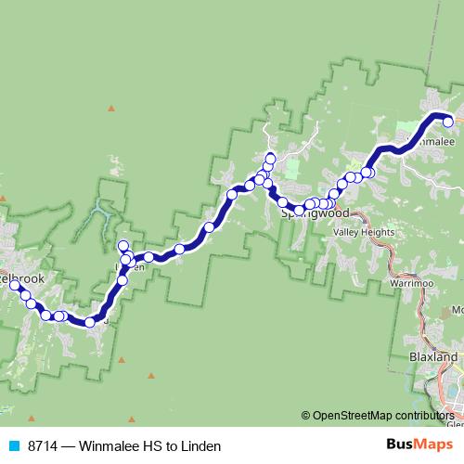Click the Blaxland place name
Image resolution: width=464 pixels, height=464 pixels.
(432, 355)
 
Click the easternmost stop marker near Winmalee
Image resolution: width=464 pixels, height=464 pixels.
(447, 121)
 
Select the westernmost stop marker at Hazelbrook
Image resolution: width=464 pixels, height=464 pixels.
(15, 286)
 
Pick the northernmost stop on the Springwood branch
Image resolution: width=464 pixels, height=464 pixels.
(270, 157)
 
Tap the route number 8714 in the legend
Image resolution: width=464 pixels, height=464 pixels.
(44, 445)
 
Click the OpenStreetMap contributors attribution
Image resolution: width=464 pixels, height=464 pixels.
(383, 415)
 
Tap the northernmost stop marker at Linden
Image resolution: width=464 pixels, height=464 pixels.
(122, 246)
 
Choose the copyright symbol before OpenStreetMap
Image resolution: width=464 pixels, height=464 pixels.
(306, 415)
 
